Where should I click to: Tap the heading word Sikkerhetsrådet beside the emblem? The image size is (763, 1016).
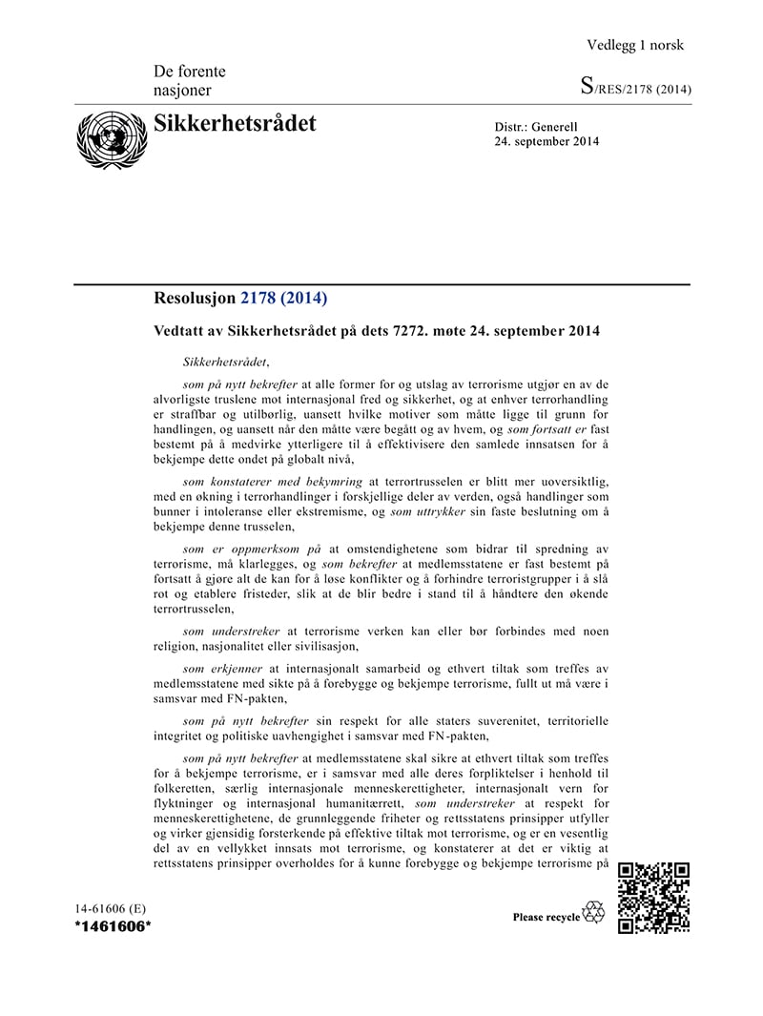(x=235, y=124)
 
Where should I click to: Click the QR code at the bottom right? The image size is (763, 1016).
(x=653, y=898)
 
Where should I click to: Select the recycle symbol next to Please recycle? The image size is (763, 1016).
(x=594, y=913)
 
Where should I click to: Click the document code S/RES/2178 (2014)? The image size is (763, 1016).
(x=635, y=90)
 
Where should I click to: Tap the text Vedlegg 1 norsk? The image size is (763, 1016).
(x=635, y=45)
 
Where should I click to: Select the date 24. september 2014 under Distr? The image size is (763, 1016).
(x=546, y=142)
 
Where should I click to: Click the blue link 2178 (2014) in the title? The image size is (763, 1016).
(x=283, y=299)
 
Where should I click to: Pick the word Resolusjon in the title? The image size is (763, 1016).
(x=195, y=299)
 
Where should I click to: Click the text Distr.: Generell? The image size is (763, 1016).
(x=536, y=127)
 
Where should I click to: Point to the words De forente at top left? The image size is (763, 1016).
(x=189, y=72)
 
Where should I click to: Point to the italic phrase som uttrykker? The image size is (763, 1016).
(x=429, y=512)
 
